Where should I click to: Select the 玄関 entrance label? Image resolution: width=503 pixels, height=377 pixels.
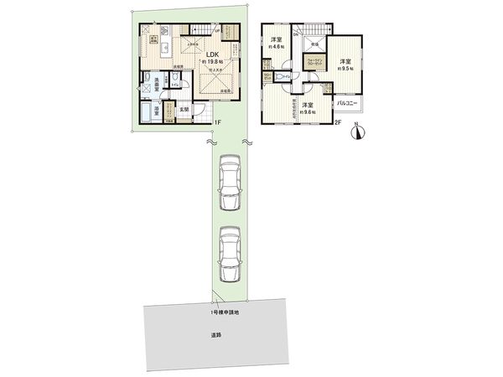click(x=186, y=108)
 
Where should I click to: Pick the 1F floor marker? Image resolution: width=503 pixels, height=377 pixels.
click(x=216, y=124)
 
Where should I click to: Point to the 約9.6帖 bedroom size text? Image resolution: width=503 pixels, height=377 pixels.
click(x=307, y=112)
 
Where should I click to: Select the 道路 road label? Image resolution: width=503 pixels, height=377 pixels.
click(x=216, y=335)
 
